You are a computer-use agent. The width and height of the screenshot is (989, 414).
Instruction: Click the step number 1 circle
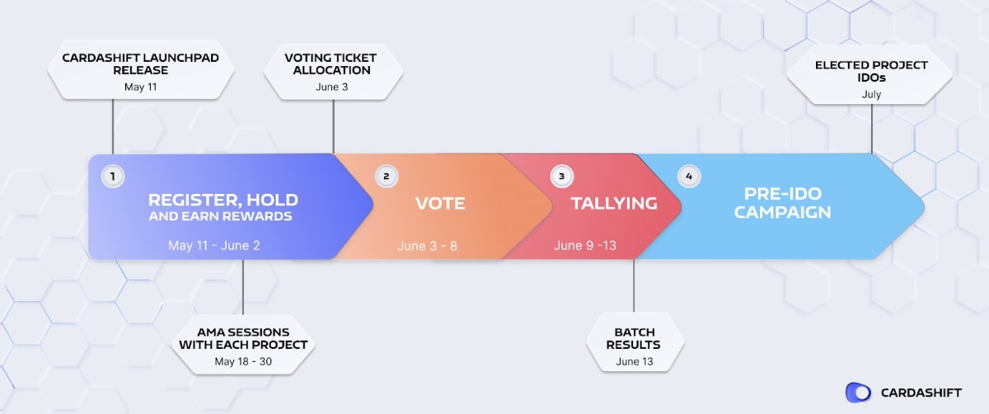point(112,176)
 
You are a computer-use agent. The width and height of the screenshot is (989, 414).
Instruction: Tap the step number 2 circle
point(386,176)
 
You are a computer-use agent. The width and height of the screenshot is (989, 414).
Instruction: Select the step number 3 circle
point(562,176)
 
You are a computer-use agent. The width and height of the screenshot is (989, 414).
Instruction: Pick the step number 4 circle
point(689,176)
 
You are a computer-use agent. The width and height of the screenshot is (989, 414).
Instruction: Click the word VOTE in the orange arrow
point(439,203)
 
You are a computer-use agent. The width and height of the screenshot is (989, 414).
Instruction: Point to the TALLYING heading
point(614,203)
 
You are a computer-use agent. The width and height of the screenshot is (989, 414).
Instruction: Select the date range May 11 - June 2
point(214,246)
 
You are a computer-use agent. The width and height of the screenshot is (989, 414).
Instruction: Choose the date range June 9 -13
point(585,246)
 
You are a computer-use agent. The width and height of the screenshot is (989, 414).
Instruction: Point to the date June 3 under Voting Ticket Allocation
point(332,87)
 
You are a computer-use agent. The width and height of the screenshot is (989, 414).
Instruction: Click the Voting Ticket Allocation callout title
point(332,64)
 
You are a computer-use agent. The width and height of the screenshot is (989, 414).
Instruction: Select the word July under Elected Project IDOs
point(871,95)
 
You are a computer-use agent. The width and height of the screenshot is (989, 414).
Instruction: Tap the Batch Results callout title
point(633,338)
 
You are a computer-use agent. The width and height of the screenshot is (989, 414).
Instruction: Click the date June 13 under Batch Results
point(633,361)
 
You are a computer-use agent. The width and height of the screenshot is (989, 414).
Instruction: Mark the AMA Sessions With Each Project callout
point(243,338)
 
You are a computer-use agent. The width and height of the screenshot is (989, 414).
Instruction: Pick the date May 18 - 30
point(242,361)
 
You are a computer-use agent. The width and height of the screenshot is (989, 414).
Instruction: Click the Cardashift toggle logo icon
point(858,393)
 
